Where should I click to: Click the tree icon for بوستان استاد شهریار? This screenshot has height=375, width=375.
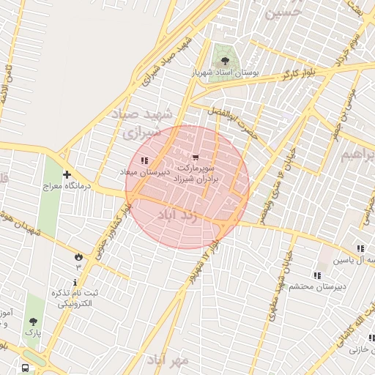(x=224, y=61)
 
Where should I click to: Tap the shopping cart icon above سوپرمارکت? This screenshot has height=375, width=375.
(x=196, y=157)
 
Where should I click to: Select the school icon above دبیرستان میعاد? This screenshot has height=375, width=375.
(x=144, y=160)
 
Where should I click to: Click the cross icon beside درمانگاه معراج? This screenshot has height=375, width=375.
(x=67, y=175)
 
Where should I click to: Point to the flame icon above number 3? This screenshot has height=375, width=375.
(x=78, y=256)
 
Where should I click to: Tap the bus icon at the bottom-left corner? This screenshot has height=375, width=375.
(x=26, y=368)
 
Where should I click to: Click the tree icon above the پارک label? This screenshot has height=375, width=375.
(x=33, y=322)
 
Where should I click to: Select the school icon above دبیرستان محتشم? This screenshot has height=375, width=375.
(x=317, y=275)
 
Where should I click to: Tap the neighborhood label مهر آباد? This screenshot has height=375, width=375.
(x=168, y=360)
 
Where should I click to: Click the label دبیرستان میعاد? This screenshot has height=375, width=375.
(x=145, y=171)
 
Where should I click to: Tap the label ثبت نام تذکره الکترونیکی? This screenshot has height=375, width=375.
(x=74, y=297)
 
